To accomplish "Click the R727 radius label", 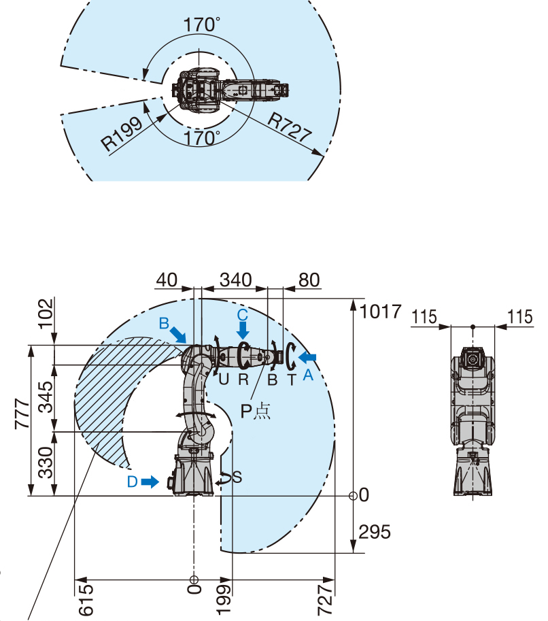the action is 289,127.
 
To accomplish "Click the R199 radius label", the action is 122,133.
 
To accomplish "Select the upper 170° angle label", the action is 202,24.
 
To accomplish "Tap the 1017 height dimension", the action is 381,312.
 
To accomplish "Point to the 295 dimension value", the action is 375,531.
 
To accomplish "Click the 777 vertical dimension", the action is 22,414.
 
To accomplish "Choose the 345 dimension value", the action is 46,397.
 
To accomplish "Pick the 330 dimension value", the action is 46,463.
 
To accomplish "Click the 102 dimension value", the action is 46,314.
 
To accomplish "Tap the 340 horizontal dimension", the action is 236,280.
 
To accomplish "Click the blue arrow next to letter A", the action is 307,358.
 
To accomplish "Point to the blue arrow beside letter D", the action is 150,482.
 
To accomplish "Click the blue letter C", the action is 243,315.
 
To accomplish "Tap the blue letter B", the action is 164,324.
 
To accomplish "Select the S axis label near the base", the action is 237,477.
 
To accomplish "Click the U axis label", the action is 224,380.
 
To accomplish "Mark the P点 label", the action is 256,412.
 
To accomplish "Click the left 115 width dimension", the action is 424,317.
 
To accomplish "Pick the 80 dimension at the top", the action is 309,280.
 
